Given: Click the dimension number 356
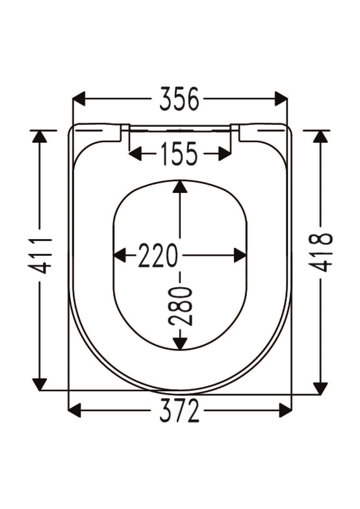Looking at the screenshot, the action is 179,99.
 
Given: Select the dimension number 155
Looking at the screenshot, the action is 179,154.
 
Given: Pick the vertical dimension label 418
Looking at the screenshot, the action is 320,253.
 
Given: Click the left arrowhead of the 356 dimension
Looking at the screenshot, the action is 78,99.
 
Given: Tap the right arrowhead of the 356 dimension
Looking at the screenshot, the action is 281,99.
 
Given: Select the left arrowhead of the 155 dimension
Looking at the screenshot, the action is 135,154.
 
